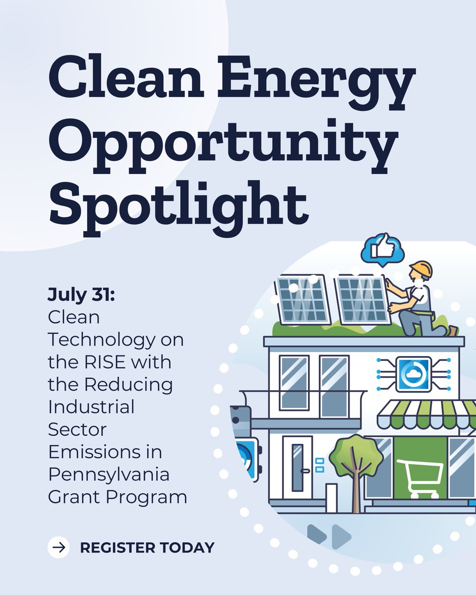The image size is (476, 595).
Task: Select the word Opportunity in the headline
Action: pyautogui.click(x=223, y=141)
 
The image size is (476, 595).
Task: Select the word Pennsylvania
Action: pyautogui.click(x=109, y=475)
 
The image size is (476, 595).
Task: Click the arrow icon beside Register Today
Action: pyautogui.click(x=59, y=547)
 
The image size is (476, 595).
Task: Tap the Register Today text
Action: pyautogui.click(x=147, y=548)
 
